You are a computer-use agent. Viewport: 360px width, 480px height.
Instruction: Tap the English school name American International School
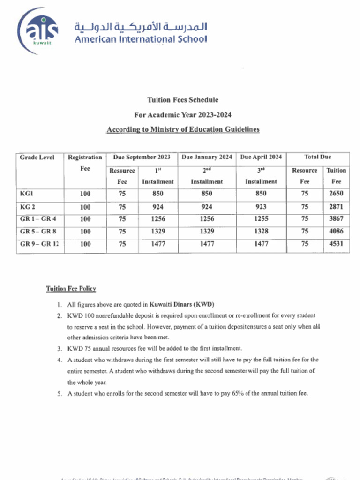[x=141, y=39]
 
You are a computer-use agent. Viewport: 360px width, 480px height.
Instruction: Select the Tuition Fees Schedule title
[x=182, y=100]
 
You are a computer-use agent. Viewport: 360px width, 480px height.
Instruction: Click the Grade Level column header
[x=37, y=157]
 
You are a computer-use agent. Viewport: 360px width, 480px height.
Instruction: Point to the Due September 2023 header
[x=142, y=157]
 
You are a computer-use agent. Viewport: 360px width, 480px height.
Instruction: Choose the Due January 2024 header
[x=207, y=157]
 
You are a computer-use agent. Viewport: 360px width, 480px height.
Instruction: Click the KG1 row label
[x=27, y=194]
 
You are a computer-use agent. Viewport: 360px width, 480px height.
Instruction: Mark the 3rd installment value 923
[x=261, y=207]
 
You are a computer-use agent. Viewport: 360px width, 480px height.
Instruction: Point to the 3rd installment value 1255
[x=261, y=219]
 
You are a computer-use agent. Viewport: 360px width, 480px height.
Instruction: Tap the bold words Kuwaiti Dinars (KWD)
[x=182, y=304]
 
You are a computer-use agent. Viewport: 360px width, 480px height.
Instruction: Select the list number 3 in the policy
[x=60, y=349]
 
